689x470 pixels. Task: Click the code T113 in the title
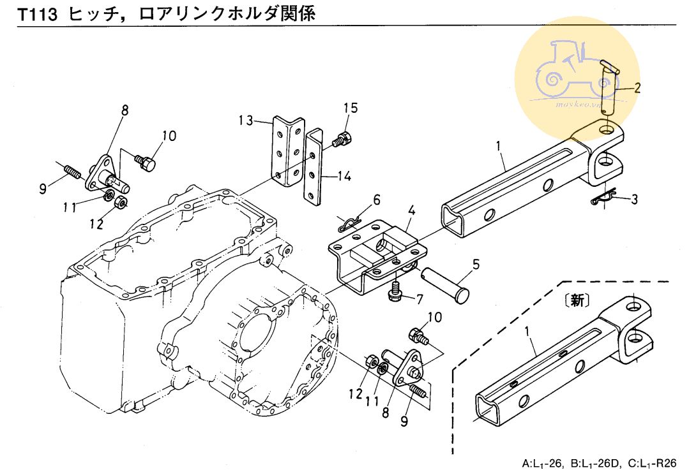coord(38,14)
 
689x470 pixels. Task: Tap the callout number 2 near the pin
coord(636,89)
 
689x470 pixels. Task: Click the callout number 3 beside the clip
coord(633,200)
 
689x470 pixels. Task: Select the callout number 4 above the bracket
coord(413,210)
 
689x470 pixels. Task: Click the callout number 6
coord(377,200)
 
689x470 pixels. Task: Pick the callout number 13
coord(247,121)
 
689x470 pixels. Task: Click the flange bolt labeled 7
coord(395,293)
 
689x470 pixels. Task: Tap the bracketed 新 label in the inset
coord(577,300)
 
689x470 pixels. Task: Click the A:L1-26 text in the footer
coord(543,462)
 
